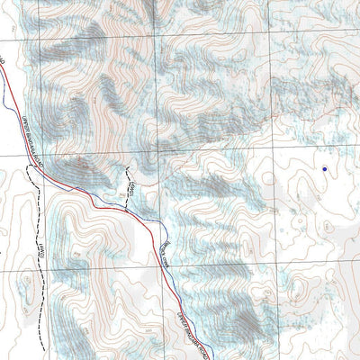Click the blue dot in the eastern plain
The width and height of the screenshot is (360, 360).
[x=324, y=168]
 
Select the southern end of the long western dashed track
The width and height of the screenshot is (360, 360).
[x=40, y=335]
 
